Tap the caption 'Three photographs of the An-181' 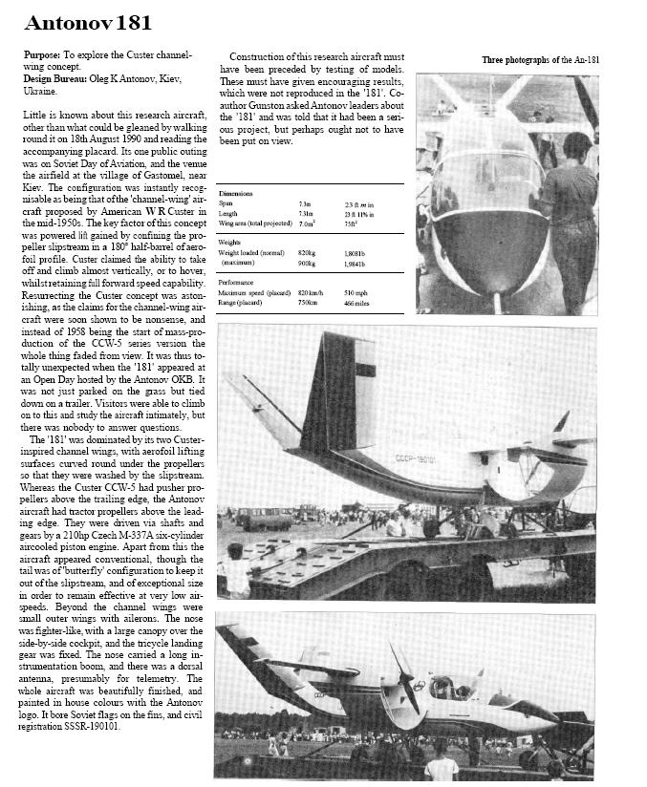540,59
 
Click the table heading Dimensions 235,193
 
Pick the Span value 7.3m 304,203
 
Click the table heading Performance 238,282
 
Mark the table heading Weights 232,243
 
